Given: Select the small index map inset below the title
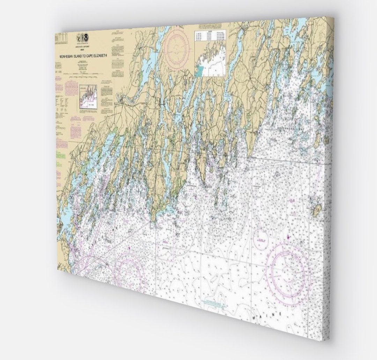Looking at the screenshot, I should [88, 96].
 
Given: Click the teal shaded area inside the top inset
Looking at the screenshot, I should [200, 70].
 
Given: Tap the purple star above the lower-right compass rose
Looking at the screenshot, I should [288, 237].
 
